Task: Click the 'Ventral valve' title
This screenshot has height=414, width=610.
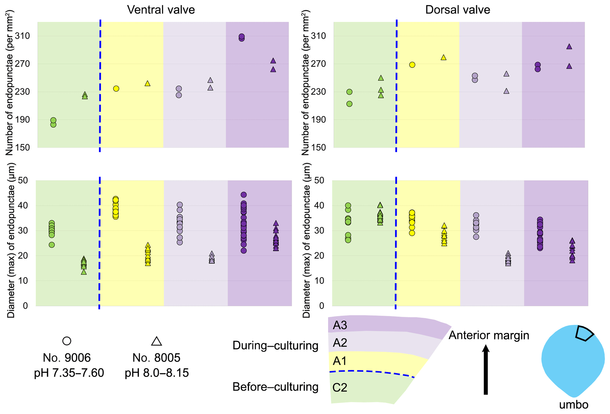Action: click(x=161, y=10)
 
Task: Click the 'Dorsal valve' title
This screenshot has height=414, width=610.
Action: click(x=457, y=10)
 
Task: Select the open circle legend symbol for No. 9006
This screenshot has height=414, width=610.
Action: click(x=67, y=341)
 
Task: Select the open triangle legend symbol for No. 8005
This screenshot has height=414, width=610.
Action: click(x=156, y=341)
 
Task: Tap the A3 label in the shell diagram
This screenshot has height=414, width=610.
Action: click(x=340, y=325)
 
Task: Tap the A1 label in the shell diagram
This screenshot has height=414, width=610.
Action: click(x=340, y=361)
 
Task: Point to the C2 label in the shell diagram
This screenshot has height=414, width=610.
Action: click(x=340, y=387)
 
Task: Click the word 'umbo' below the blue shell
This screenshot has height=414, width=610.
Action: click(x=574, y=405)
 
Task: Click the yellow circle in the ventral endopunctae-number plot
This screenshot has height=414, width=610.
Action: click(x=116, y=89)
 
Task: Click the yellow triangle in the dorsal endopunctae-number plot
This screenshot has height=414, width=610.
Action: click(x=443, y=58)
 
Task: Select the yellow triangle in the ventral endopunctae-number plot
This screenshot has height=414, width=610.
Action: click(x=148, y=84)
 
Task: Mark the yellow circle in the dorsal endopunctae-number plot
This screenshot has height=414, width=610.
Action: click(x=412, y=65)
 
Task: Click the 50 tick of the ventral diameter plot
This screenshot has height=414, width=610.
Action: click(x=23, y=180)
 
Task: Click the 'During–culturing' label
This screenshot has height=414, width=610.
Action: click(x=275, y=345)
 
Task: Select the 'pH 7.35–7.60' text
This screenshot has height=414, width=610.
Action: click(x=69, y=373)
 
